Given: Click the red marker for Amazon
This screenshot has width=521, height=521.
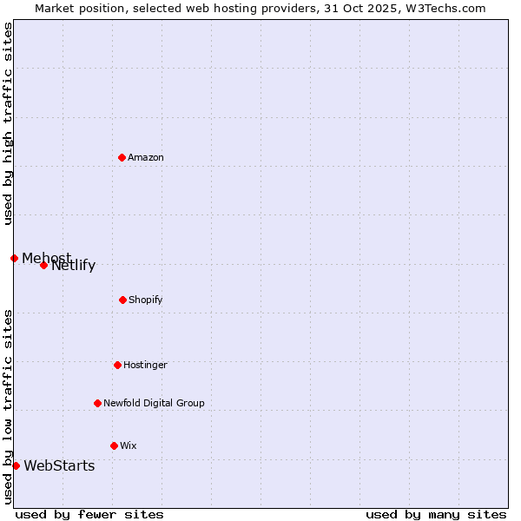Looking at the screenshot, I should click(122, 157).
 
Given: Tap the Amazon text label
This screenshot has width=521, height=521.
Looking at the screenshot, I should click(145, 157).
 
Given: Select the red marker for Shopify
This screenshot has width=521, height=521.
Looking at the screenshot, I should click(122, 300).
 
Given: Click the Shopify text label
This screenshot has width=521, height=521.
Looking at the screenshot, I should click(145, 300).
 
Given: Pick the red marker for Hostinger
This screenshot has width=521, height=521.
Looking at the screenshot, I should click(117, 365).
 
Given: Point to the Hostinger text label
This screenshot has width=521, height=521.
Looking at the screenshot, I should click(145, 365).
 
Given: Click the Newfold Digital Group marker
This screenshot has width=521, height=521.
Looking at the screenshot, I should click(97, 403).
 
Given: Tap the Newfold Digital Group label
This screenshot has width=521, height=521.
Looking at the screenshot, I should click(154, 403).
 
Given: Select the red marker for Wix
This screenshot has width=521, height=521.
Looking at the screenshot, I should click(114, 445).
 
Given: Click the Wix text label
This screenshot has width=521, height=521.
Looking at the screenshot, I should click(129, 445).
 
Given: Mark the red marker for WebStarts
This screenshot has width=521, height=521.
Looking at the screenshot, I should click(16, 465).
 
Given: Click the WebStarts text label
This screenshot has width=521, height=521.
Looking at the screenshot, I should click(59, 466).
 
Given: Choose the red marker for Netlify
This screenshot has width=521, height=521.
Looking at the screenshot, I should click(43, 265).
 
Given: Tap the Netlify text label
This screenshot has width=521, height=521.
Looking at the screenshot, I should click(74, 266).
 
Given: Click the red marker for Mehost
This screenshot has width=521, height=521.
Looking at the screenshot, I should click(14, 258).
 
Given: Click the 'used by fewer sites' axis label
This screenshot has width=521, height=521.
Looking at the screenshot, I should click(89, 514).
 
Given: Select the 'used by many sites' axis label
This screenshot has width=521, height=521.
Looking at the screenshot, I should click(436, 514).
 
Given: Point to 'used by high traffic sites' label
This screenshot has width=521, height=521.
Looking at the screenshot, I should click(8, 123).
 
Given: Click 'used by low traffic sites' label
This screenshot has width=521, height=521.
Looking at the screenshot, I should click(8, 406).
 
